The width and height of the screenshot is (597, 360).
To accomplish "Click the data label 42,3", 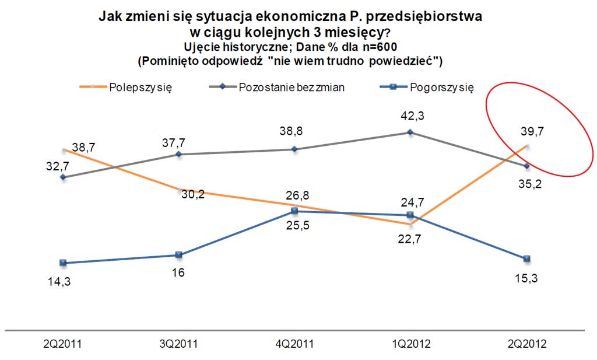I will (411, 116).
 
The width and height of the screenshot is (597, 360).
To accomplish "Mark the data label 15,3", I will (527, 278).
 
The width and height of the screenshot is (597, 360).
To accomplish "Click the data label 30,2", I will (192, 194).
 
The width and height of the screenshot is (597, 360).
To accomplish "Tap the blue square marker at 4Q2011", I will (294, 211).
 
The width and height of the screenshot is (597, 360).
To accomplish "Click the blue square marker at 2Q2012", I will (527, 258).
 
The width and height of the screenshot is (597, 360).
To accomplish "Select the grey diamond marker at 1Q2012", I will (411, 132).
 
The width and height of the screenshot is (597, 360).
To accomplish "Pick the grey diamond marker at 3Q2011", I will (178, 154).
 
